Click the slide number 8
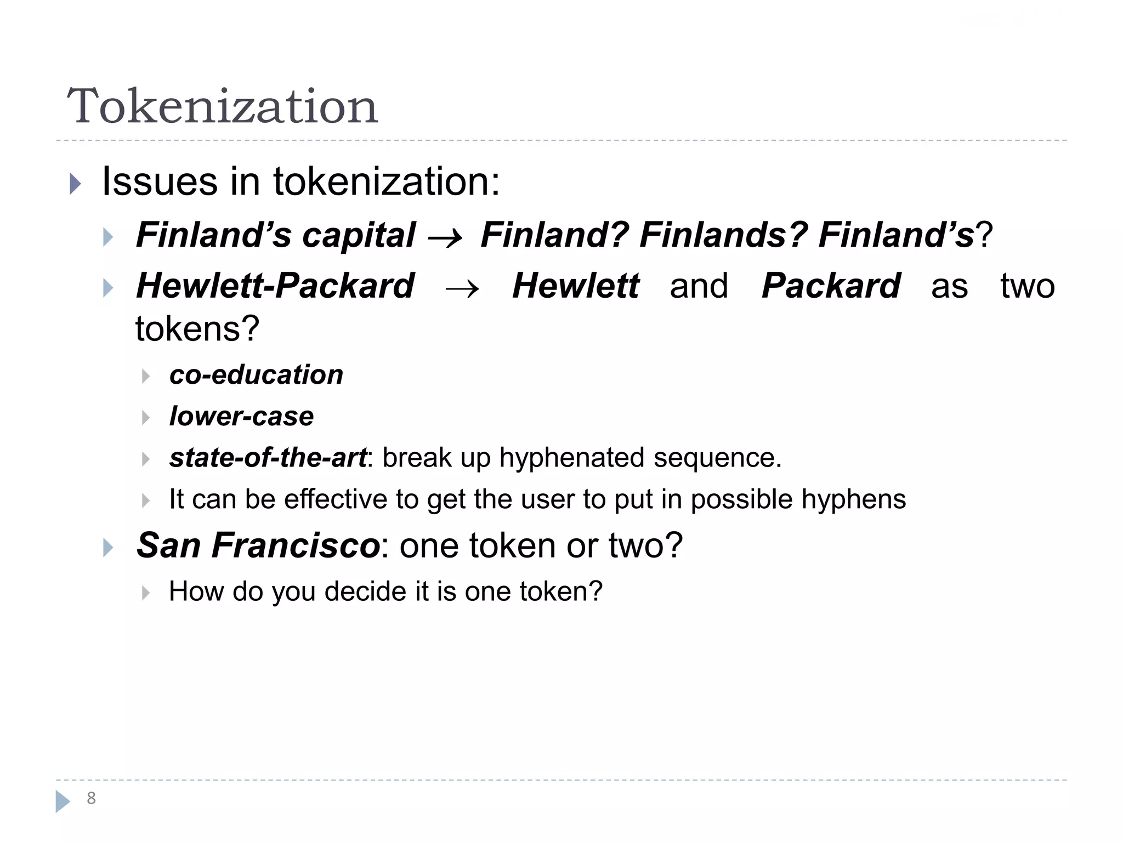click(91, 798)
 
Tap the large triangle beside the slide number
click(63, 801)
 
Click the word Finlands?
click(723, 235)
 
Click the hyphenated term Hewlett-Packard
click(275, 286)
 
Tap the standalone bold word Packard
click(831, 286)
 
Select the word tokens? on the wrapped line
click(197, 329)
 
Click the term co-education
click(256, 375)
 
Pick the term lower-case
click(241, 417)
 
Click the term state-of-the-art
click(268, 458)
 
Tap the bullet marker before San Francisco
click(108, 547)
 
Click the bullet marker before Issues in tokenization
click(75, 184)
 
